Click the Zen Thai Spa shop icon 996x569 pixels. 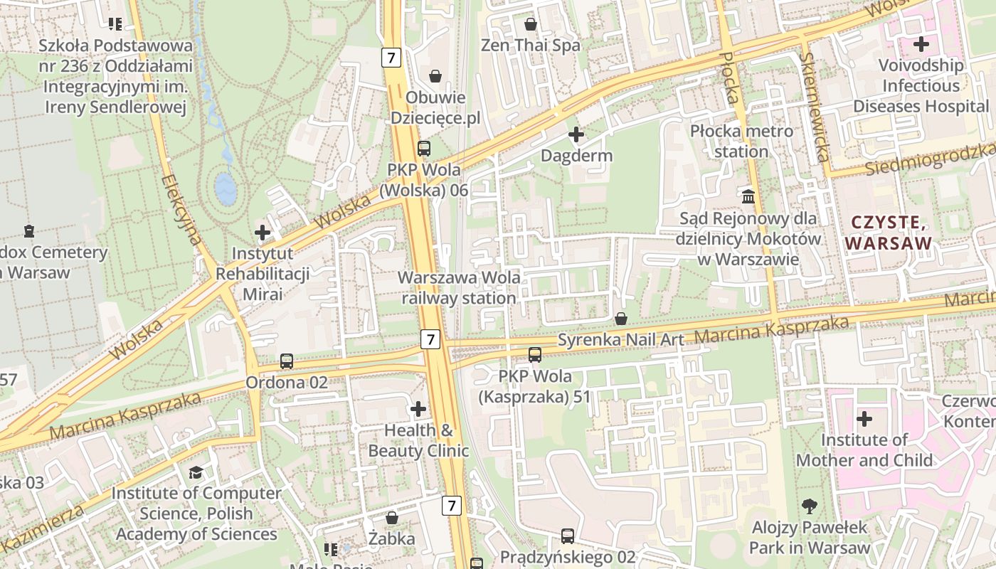pyautogui.click(x=530, y=25)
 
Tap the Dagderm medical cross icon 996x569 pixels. pyautogui.click(x=576, y=134)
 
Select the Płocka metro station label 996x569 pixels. pyautogui.click(x=741, y=142)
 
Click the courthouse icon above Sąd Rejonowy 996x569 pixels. pyautogui.click(x=748, y=196)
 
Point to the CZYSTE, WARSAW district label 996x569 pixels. pyautogui.click(x=889, y=233)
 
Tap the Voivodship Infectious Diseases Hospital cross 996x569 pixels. pyautogui.click(x=921, y=44)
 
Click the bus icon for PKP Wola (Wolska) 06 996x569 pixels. pyautogui.click(x=424, y=149)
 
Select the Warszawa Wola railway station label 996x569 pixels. pyautogui.click(x=459, y=287)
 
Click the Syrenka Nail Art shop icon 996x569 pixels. pyautogui.click(x=621, y=319)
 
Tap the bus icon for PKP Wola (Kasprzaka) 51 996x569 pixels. pyautogui.click(x=535, y=354)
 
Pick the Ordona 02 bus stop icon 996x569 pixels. pyautogui.click(x=287, y=361)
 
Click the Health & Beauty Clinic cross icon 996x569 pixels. pyautogui.click(x=418, y=409)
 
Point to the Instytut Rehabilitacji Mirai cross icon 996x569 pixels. pyautogui.click(x=263, y=232)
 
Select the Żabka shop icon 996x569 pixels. pyautogui.click(x=391, y=518)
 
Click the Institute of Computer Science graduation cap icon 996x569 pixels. pyautogui.click(x=196, y=472)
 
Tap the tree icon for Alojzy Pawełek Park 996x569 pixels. pyautogui.click(x=809, y=506)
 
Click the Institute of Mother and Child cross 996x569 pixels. pyautogui.click(x=864, y=419)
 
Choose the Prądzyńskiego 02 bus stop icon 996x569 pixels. pyautogui.click(x=567, y=536)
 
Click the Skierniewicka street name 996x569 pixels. pyautogui.click(x=815, y=107)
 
